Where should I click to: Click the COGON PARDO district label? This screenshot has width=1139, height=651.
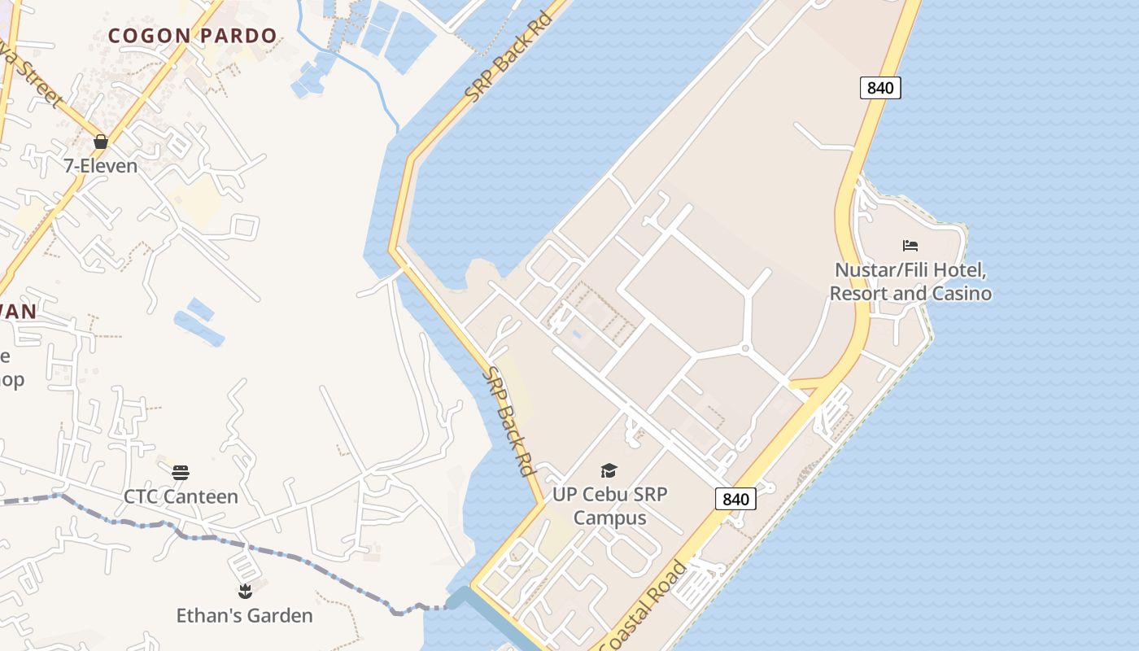(193, 36)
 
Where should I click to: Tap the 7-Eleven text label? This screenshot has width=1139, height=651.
(101, 165)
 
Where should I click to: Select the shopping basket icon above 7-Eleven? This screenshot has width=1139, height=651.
(101, 142)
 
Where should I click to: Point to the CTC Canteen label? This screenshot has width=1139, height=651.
(181, 496)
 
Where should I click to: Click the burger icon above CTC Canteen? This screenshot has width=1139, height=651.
(181, 472)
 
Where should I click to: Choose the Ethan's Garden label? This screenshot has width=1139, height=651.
(244, 615)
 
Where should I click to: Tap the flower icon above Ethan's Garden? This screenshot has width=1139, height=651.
(244, 591)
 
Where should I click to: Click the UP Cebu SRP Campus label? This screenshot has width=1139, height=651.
(610, 506)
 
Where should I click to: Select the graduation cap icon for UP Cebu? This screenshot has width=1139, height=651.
(609, 470)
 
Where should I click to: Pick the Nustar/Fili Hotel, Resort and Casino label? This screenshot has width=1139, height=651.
(910, 282)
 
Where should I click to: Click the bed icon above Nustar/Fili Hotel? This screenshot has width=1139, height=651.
(910, 245)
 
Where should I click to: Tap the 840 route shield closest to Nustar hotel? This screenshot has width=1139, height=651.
(880, 88)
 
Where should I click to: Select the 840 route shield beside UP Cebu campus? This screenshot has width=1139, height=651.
(735, 499)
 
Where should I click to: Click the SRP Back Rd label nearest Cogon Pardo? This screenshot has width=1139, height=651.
(508, 56)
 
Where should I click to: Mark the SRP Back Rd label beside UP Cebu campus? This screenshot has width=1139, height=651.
(509, 422)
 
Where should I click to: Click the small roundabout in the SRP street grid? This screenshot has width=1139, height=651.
(744, 349)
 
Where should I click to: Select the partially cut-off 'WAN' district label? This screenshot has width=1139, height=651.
(18, 312)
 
